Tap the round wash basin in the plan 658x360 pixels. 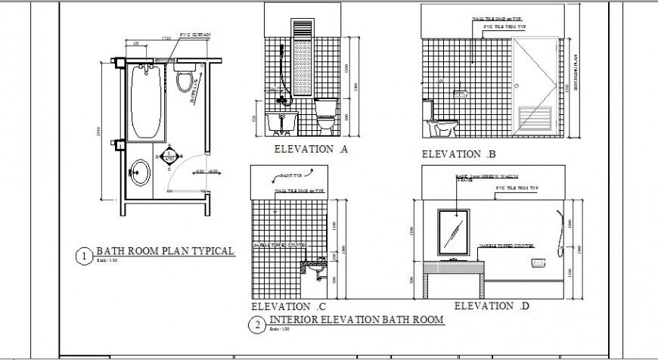point(140,172)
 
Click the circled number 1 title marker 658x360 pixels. point(84,256)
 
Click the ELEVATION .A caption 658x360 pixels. point(310,149)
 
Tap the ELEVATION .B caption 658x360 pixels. point(458,155)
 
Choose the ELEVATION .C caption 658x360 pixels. point(287,307)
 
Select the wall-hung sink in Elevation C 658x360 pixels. point(315,266)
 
